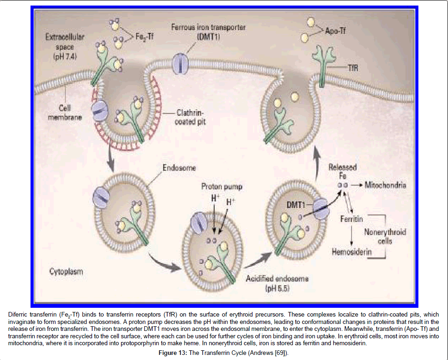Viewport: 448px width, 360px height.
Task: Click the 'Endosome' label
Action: point(179,168)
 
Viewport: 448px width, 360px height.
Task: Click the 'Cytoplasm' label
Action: point(67,271)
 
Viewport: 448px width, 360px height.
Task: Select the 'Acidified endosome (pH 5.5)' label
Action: point(277,283)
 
